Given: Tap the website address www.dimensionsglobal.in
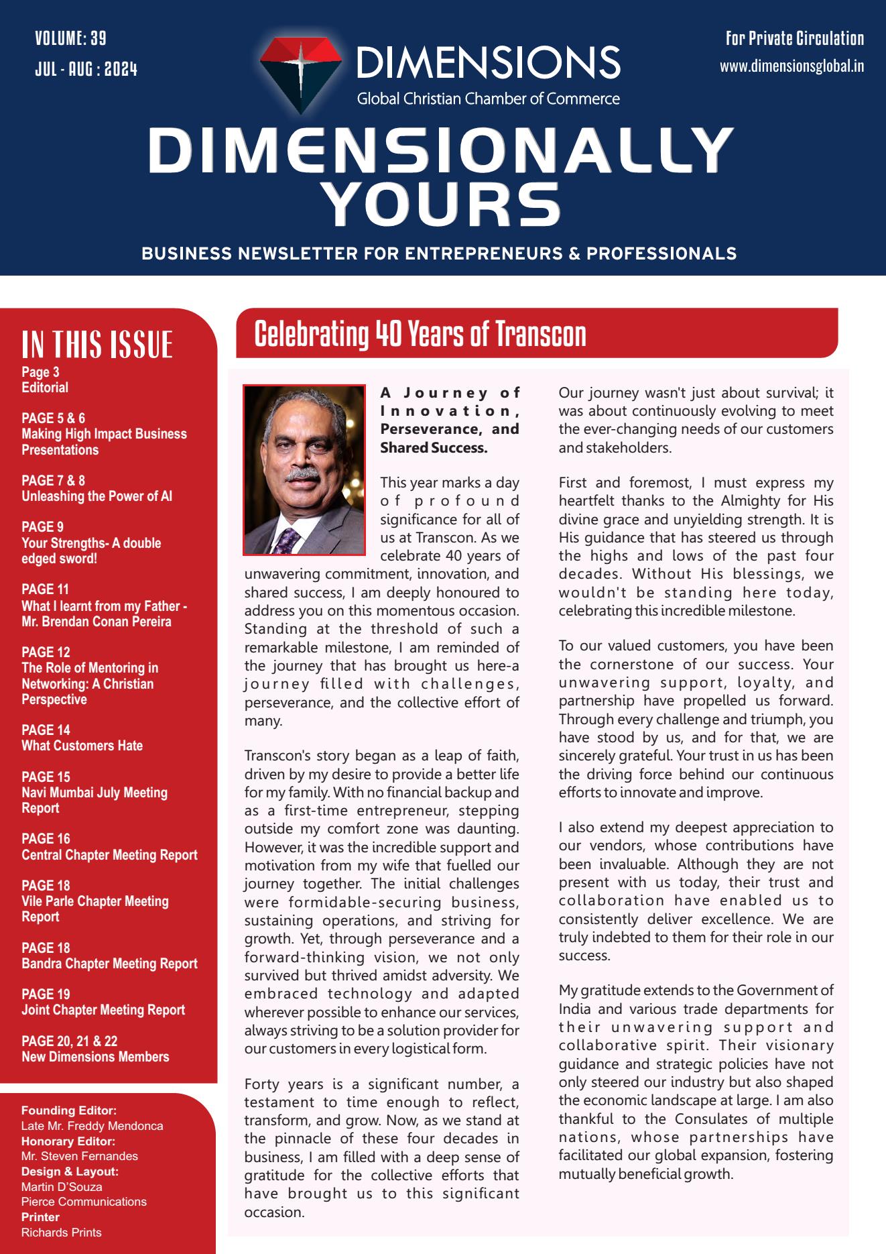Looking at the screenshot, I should [792, 66].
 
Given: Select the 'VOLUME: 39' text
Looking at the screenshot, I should [70, 38].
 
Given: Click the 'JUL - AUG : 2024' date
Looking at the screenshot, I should [86, 68].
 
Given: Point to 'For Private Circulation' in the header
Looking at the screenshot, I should [795, 38].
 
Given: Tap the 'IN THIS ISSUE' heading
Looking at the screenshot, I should [97, 344].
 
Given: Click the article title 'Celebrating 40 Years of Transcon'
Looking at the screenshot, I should [420, 333].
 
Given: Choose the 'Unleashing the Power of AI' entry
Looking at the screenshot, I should [97, 496].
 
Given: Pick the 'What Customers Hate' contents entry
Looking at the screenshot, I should [82, 746].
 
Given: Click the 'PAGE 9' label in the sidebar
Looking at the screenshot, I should [42, 527].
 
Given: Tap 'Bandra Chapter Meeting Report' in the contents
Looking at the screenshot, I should [109, 964].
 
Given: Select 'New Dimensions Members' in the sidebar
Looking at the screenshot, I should [95, 1057].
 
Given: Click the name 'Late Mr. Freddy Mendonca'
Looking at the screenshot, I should [92, 1126].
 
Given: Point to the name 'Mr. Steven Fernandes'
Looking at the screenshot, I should [80, 1156].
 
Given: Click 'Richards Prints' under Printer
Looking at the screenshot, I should [61, 1232].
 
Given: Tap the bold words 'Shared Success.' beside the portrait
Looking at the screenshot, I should [434, 447].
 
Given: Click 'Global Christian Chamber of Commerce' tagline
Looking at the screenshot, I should [488, 99].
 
